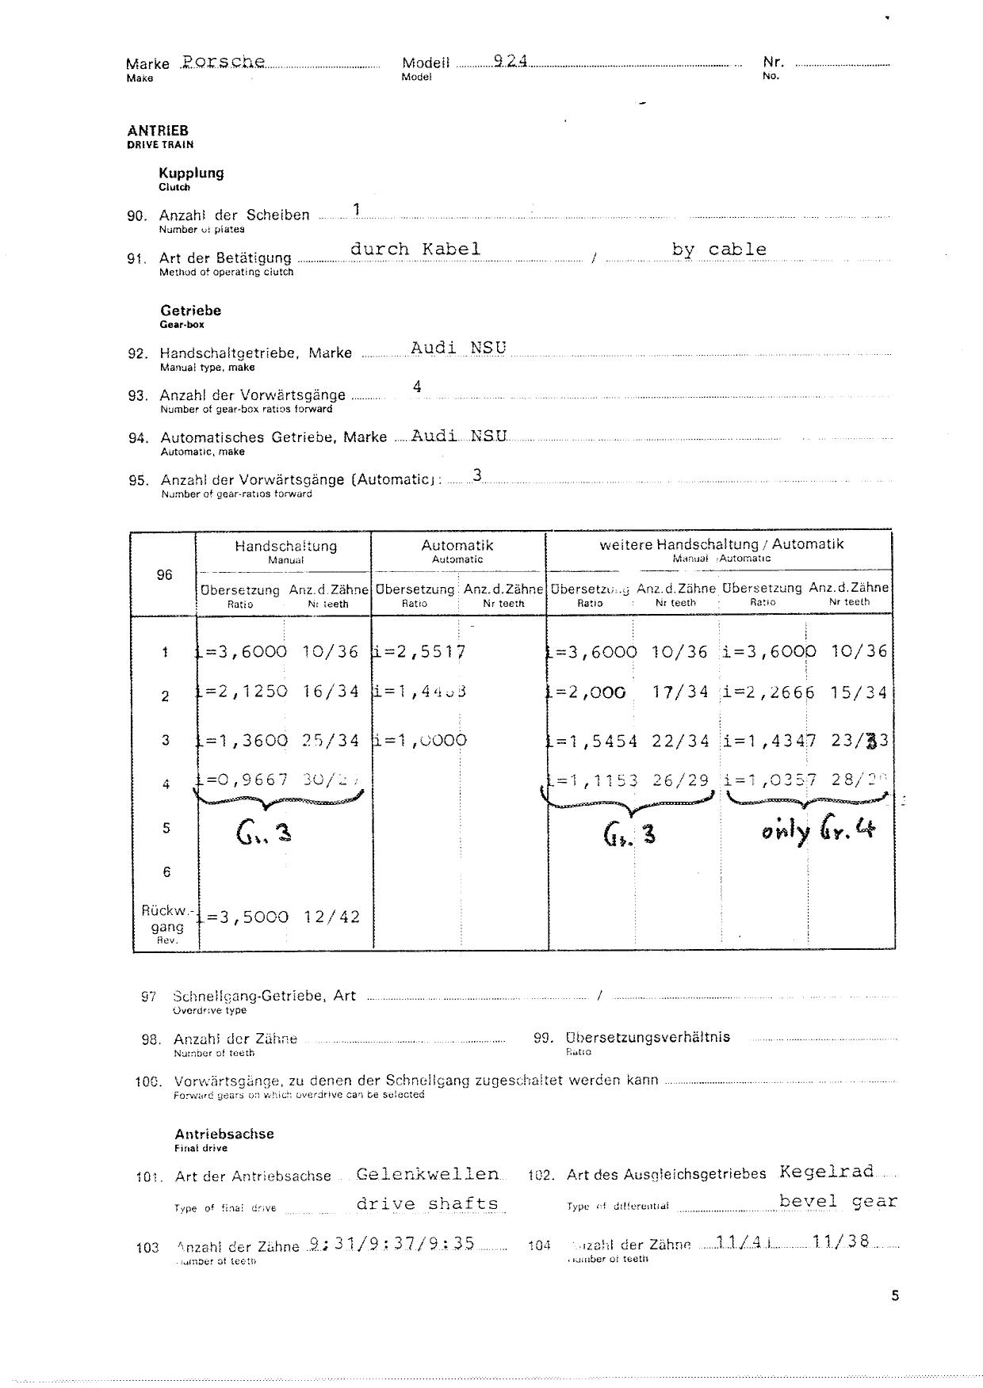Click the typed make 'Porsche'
[x=223, y=62]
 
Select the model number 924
[x=510, y=62]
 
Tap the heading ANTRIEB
[x=158, y=131]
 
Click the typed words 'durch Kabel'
[x=415, y=249]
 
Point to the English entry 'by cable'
[x=719, y=250]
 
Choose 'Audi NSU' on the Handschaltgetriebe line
[x=458, y=348]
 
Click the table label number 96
[x=164, y=574]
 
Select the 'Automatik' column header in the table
[x=457, y=545]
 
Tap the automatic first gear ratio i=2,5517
[x=419, y=652]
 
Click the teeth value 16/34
[x=331, y=691]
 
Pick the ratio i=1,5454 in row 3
[x=591, y=741]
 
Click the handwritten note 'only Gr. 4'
[x=818, y=832]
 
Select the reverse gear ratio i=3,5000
[x=243, y=917]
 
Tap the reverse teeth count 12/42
[x=331, y=917]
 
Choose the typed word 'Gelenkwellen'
[x=428, y=1174]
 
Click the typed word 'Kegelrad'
[x=826, y=1172]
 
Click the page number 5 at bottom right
[x=895, y=1296]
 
